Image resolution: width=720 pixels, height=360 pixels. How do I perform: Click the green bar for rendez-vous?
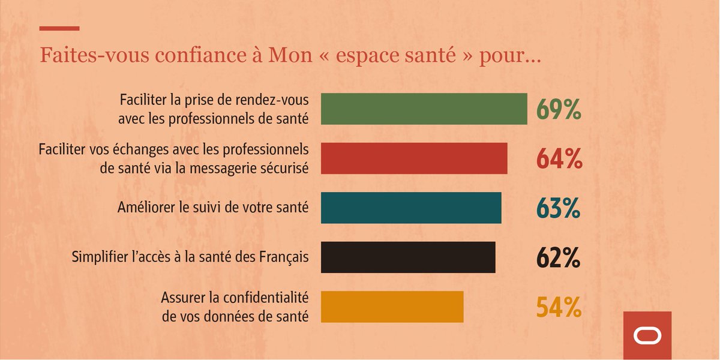[424, 109]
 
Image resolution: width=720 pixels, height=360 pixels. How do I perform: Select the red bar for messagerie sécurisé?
[414, 158]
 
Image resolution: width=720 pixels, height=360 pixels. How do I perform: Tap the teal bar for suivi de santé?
[411, 208]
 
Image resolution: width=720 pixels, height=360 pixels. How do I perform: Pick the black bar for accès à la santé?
[408, 257]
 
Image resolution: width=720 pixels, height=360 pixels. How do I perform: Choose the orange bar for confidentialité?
[392, 307]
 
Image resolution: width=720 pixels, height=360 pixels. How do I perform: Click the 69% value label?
[559, 110]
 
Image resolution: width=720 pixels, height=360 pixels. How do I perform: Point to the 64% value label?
[559, 159]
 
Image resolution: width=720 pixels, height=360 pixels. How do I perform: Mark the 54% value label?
[559, 307]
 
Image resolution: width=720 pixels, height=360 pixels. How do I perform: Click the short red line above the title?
[59, 28]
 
